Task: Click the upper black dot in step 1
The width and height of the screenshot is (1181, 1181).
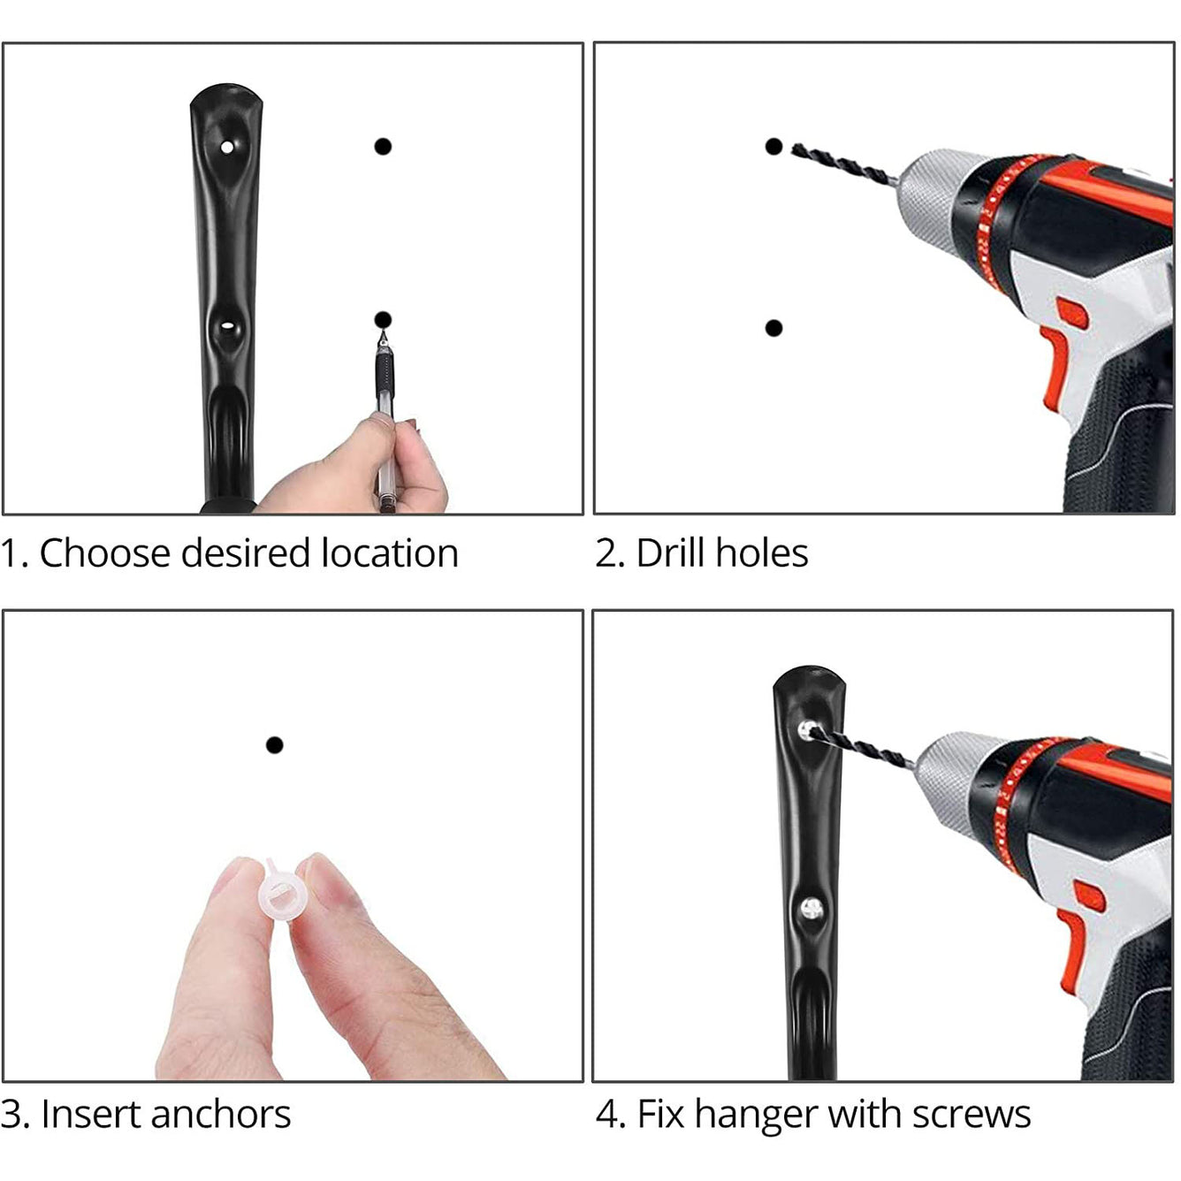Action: point(383,146)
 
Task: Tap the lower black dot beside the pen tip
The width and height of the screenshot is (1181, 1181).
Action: point(383,319)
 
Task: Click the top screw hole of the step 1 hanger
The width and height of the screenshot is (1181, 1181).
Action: point(227,147)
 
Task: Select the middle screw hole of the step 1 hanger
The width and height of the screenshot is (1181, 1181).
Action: point(227,326)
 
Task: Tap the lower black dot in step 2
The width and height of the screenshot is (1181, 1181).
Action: point(773,328)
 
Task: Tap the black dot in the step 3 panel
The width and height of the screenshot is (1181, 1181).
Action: point(274,745)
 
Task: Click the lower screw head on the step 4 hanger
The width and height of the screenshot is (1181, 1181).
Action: point(811,907)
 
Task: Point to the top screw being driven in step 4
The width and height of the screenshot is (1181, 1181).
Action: point(807,729)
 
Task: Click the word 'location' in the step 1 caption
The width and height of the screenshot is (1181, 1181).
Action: point(390,554)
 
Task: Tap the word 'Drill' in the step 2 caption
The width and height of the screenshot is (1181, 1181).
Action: point(671,554)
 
